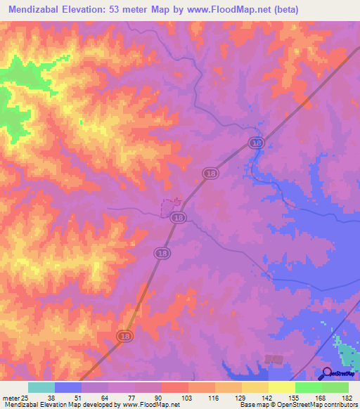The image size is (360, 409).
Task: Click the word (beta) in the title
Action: pyautogui.click(x=286, y=10)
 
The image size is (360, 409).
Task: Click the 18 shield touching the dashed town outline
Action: pyautogui.click(x=179, y=218)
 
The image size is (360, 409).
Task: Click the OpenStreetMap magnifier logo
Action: pyautogui.click(x=328, y=374)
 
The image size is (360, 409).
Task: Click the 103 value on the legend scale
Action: pyautogui.click(x=187, y=398)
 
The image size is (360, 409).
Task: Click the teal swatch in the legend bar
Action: pyautogui.click(x=41, y=387)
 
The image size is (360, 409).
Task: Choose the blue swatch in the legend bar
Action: pyautogui.click(x=67, y=387)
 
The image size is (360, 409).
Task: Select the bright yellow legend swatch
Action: pyautogui.click(x=281, y=387)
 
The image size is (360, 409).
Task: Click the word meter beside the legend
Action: pyautogui.click(x=8, y=398)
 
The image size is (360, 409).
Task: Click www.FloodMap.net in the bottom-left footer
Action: pyautogui.click(x=141, y=405)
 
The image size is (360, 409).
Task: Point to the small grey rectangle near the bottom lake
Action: pyautogui.click(x=274, y=359)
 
